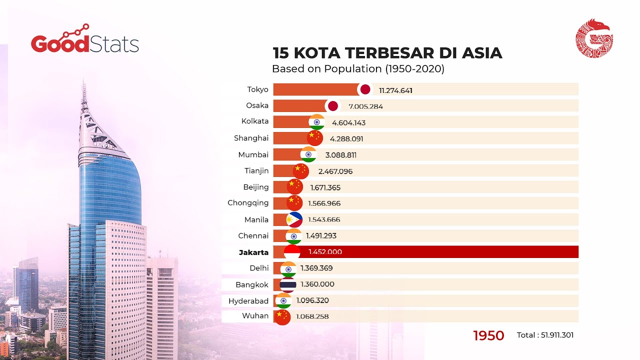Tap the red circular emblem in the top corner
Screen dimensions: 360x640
click(x=594, y=38)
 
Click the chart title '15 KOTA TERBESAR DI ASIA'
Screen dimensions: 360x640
click(x=387, y=53)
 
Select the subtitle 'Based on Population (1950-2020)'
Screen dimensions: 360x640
click(x=358, y=69)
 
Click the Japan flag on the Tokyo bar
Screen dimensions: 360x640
click(x=365, y=89)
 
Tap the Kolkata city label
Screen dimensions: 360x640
click(x=255, y=121)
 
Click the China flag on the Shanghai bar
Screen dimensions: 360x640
click(x=314, y=137)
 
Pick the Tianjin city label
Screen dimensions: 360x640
click(x=256, y=170)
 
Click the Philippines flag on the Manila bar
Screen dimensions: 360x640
click(x=294, y=219)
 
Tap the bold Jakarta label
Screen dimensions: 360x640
click(x=253, y=252)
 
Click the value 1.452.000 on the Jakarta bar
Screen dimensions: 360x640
click(x=325, y=252)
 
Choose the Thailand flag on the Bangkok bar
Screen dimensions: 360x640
click(x=287, y=284)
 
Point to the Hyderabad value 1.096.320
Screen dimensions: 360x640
click(x=312, y=300)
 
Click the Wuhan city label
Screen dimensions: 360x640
click(x=255, y=315)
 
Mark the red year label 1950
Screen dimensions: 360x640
click(x=488, y=335)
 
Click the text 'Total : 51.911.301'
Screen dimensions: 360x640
click(x=545, y=335)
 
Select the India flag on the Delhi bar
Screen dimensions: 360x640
click(x=288, y=269)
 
